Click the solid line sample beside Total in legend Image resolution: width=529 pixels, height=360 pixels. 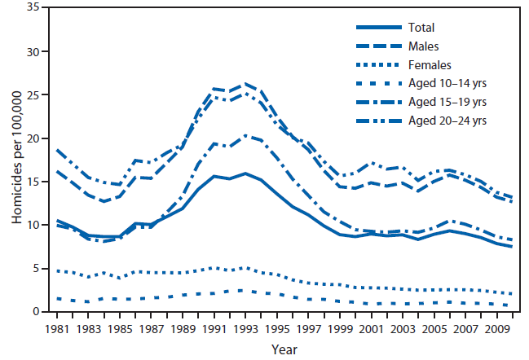pos(373,28)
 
